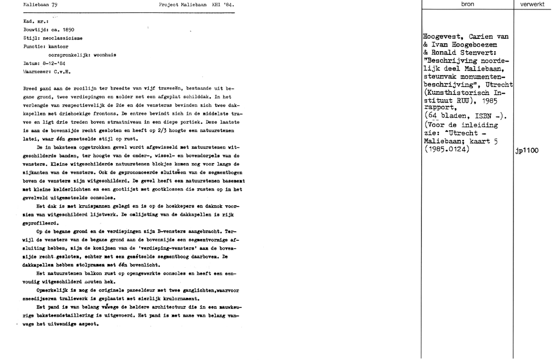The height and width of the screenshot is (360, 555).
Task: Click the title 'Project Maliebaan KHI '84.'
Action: coord(192,4)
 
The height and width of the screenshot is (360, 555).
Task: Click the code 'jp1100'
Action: coord(527,150)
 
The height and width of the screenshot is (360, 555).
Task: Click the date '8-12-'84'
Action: coord(55,64)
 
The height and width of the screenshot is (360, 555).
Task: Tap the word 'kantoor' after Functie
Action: coord(59,48)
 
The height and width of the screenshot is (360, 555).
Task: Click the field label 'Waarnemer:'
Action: coord(38,72)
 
